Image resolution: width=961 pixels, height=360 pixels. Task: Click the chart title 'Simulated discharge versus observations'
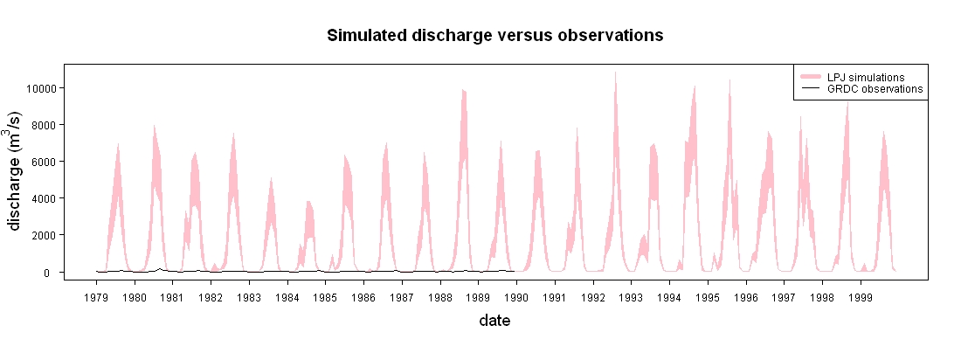(495, 36)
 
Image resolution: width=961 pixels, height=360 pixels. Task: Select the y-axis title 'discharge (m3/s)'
(17, 171)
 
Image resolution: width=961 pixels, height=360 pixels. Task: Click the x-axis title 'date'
(494, 320)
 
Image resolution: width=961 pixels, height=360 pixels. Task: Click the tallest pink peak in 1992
(615, 73)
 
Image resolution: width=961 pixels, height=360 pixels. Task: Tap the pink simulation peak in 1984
(309, 202)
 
